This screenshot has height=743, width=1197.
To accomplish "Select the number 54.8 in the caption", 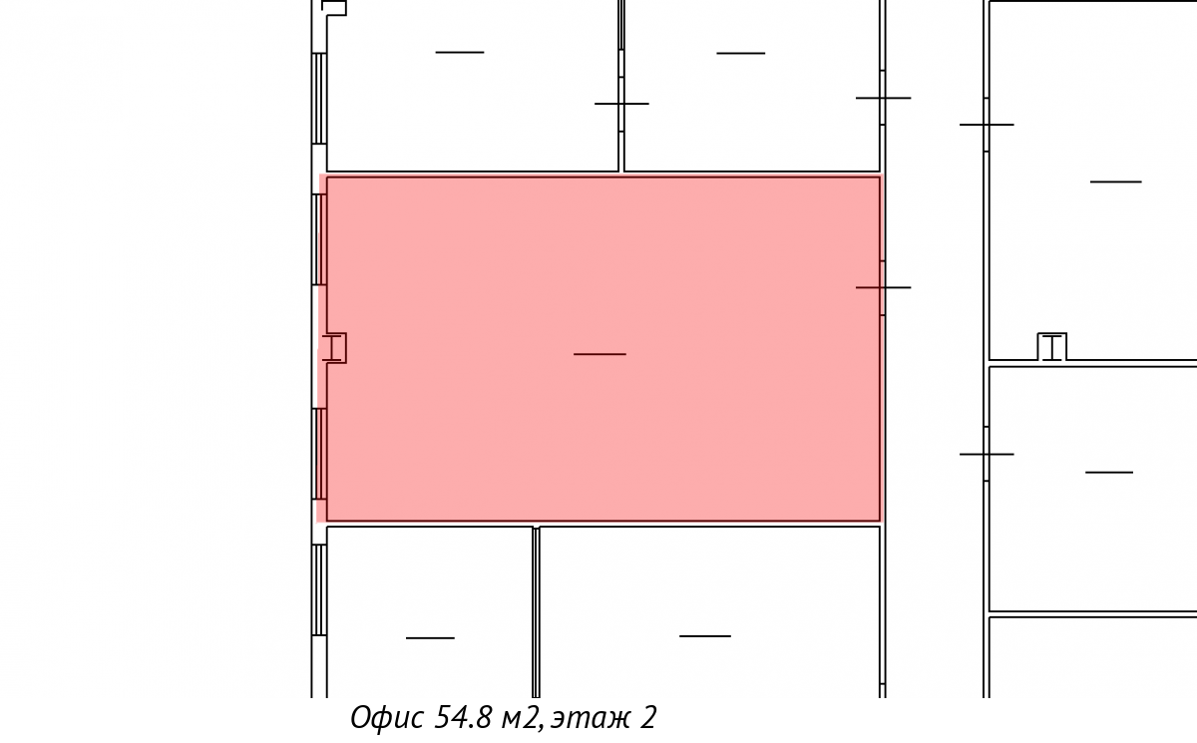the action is point(462,717).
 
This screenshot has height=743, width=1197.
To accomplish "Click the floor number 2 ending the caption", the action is point(647,717).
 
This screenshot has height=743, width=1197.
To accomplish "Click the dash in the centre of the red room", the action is point(599,354).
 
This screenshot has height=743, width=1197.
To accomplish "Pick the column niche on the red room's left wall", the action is point(335,348).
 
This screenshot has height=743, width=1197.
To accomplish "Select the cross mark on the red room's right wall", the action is point(883,287).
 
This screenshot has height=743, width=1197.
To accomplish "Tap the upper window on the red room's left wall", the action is point(319,239).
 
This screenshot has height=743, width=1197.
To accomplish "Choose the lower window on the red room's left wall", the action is point(319,454).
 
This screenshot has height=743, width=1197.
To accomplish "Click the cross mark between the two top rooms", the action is point(621,104).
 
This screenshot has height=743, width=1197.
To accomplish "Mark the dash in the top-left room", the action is point(460,52).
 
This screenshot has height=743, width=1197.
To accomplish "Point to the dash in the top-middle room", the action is point(740,54).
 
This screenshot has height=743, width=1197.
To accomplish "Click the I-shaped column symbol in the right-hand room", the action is point(1052,348).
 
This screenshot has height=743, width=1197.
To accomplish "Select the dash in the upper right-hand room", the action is point(1116,183).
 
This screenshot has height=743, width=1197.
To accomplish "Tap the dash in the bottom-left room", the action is point(430,637).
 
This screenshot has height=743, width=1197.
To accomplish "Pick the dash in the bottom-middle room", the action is point(705,636).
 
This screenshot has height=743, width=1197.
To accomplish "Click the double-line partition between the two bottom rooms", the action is point(536,612).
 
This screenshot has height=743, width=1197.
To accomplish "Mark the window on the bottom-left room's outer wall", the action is point(319,590).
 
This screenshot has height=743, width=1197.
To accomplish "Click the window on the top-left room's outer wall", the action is point(319,99).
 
